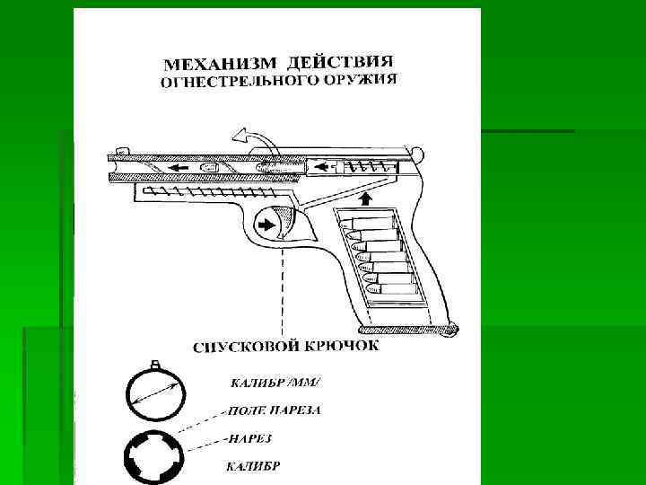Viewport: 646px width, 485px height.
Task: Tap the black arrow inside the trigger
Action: click(x=266, y=225)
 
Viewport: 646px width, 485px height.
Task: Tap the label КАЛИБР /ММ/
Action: click(x=267, y=384)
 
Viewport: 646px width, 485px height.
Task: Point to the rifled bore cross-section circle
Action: click(x=155, y=455)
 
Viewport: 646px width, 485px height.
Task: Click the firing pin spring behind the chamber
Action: click(x=365, y=166)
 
